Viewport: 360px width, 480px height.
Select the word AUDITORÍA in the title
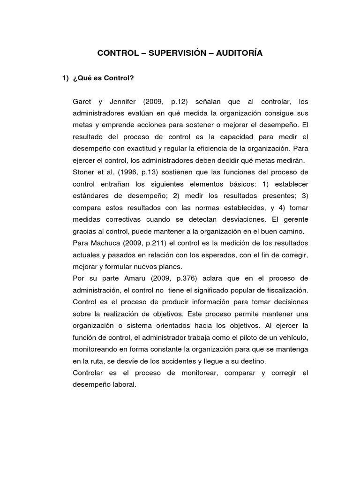(x=240, y=53)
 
